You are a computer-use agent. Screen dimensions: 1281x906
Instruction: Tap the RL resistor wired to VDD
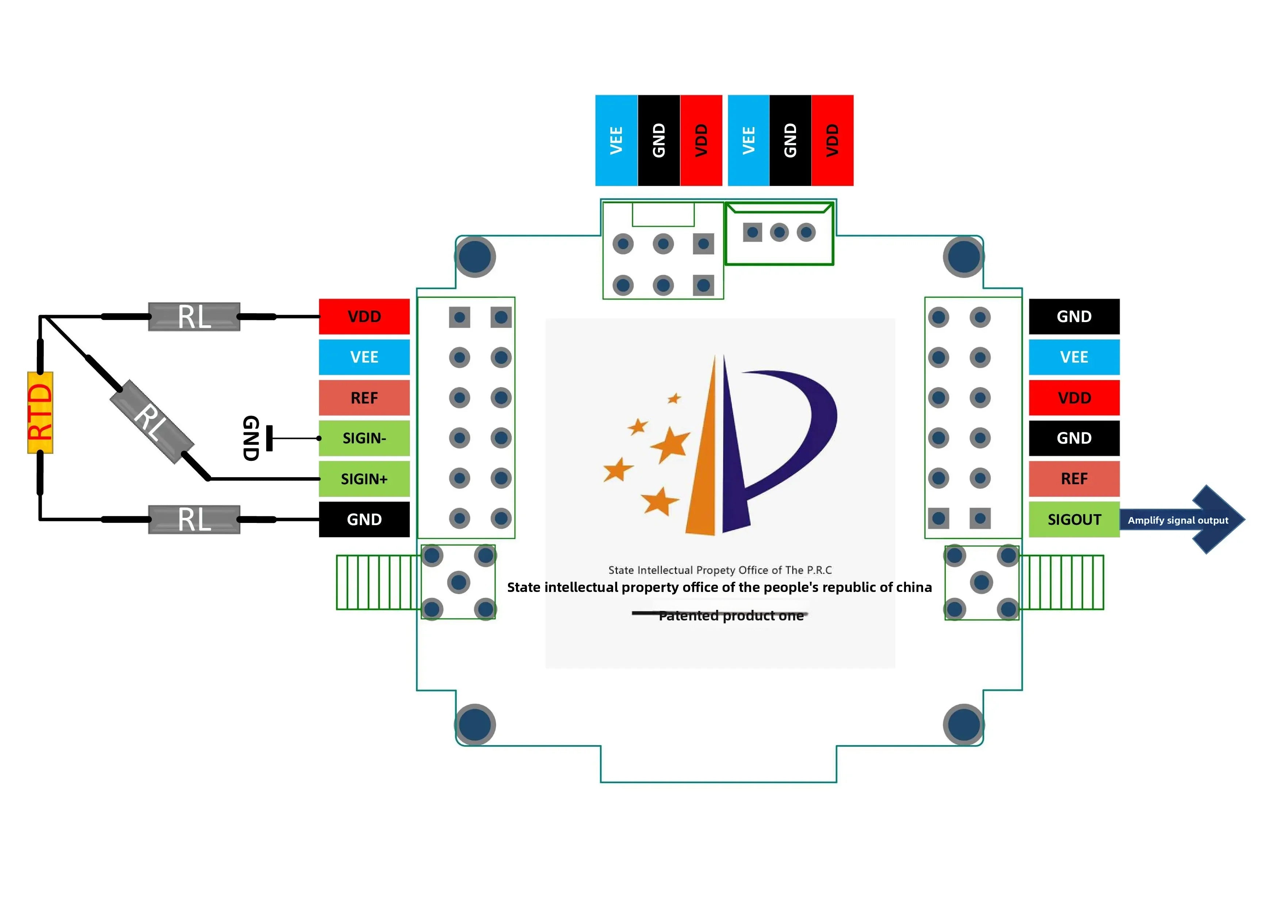pos(194,317)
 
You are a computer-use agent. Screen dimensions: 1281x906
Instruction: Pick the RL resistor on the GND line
pos(194,519)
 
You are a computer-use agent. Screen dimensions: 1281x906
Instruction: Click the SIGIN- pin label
pos(364,439)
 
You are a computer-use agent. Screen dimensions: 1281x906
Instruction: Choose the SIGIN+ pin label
pos(364,479)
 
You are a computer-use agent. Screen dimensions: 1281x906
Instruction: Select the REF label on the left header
pos(364,398)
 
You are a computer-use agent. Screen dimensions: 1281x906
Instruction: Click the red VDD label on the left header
pos(364,316)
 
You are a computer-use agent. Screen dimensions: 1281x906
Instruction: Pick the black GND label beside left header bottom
pos(364,519)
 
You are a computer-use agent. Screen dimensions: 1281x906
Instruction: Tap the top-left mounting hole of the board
pos(475,257)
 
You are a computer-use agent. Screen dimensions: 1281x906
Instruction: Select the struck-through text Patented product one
pos(731,616)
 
